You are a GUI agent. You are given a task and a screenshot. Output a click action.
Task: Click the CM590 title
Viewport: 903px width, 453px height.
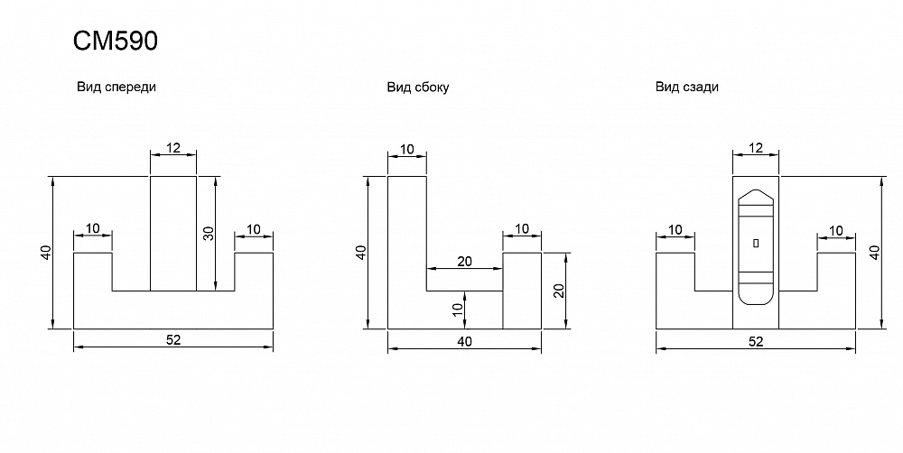point(115,42)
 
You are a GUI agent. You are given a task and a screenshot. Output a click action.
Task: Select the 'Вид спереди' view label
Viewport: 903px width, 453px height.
point(117,88)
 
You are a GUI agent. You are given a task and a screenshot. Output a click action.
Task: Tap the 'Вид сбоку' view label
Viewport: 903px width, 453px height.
point(418,88)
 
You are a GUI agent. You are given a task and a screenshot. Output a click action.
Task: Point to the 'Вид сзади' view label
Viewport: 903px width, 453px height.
point(687,88)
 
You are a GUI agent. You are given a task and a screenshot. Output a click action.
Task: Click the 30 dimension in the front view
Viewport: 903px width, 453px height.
point(208,233)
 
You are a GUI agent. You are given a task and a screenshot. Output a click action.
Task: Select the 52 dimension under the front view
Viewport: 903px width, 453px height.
point(172,339)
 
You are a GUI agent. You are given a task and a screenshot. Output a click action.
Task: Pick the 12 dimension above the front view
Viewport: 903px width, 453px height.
point(172,146)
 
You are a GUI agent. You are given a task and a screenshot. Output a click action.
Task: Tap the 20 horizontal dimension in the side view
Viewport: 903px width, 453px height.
point(464,262)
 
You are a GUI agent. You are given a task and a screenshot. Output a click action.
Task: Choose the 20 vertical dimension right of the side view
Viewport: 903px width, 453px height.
point(559,291)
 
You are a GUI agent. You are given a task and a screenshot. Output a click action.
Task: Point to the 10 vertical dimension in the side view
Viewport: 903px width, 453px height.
point(457,311)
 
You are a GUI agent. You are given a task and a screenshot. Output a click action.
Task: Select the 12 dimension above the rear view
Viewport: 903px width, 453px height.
point(756,146)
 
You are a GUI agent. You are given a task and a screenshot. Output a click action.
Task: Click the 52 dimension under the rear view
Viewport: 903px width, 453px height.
point(756,341)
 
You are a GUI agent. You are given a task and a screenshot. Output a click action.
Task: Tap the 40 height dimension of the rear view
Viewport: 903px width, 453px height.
point(873,252)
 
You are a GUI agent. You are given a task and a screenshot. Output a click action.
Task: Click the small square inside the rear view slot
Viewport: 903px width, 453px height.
point(756,243)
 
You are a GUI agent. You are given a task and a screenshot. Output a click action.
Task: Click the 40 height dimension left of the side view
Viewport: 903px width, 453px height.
point(360,252)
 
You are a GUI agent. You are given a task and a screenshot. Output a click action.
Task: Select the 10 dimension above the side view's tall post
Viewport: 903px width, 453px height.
point(406,148)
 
